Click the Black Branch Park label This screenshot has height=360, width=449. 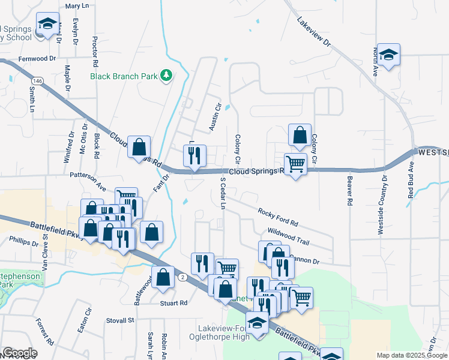click(x=123, y=76)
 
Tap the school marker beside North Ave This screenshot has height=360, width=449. click(x=388, y=55)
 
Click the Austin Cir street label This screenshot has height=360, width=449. click(x=214, y=116)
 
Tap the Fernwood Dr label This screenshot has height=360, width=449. click(x=37, y=59)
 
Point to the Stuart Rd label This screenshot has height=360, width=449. click(x=174, y=303)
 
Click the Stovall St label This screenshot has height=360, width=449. click(x=120, y=320)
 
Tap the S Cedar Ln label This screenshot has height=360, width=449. click(x=222, y=193)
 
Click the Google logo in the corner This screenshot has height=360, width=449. click(x=20, y=353)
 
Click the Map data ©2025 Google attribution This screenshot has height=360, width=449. click(x=412, y=355)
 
